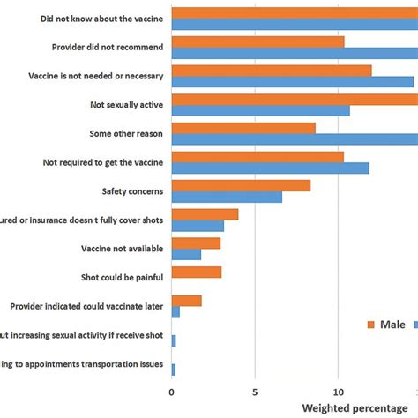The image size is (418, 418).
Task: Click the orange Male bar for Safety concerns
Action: (x=241, y=185)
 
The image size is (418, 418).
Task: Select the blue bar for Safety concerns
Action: (x=227, y=197)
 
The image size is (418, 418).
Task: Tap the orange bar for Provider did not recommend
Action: (x=258, y=41)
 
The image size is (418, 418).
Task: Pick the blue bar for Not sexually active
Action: (x=260, y=110)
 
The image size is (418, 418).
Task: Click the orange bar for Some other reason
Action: (x=243, y=128)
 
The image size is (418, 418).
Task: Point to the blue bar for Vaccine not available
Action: (x=186, y=254)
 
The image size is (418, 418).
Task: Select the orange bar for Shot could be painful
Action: (x=196, y=272)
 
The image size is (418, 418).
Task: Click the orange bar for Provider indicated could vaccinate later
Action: (x=186, y=301)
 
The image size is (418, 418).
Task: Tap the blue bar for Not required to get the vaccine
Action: (x=270, y=168)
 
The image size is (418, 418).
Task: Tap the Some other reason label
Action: (x=124, y=133)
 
